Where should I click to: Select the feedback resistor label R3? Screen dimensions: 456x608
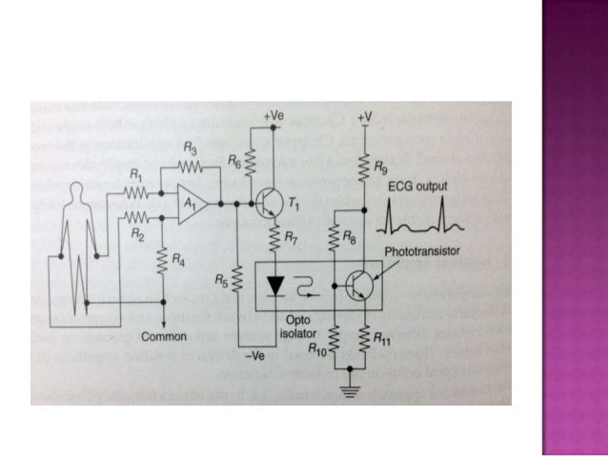pyautogui.click(x=192, y=152)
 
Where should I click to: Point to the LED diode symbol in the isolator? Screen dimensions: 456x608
pyautogui.click(x=276, y=284)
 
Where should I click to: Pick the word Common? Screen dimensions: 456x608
pyautogui.click(x=166, y=336)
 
